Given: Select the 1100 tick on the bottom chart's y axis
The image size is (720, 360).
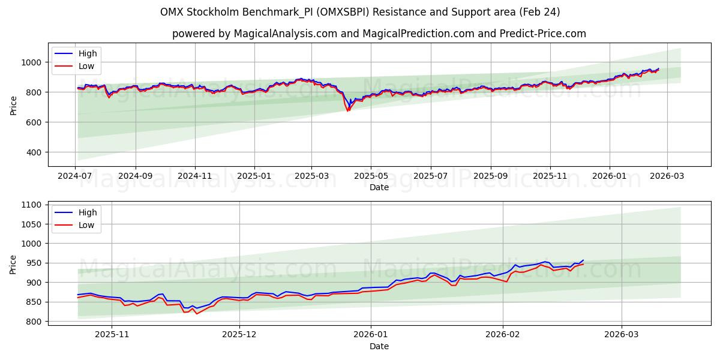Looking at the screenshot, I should [30, 205].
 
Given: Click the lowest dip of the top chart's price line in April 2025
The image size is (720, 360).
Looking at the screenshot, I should [347, 111].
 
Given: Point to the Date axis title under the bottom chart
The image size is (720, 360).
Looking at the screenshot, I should [379, 346].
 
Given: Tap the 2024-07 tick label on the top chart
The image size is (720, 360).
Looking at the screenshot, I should [76, 176].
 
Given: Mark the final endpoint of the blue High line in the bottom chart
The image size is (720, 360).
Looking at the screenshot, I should [583, 260].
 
